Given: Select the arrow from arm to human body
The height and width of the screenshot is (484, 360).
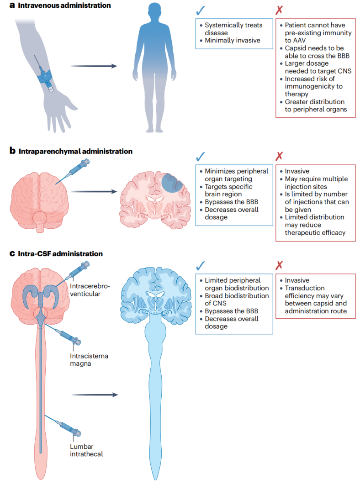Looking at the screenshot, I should [94, 66].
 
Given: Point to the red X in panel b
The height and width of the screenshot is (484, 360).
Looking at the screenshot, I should [279, 157].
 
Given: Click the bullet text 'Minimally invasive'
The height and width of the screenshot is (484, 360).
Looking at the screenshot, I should [232, 41].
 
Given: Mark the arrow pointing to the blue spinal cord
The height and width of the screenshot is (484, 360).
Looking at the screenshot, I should [94, 395].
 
